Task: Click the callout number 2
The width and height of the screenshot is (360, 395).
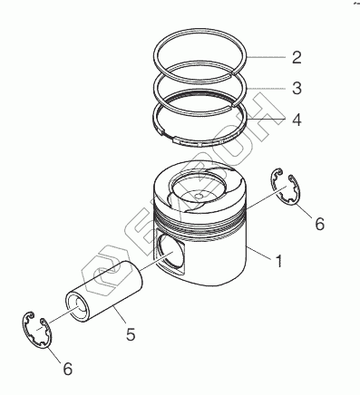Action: click(x=297, y=57)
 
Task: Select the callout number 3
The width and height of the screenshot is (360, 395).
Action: click(x=297, y=88)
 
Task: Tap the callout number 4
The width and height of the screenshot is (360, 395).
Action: click(x=297, y=120)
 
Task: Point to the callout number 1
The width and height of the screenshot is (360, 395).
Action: click(x=278, y=261)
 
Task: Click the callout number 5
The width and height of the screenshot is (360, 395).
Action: click(x=131, y=334)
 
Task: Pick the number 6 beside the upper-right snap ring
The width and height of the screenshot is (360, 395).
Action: click(x=320, y=224)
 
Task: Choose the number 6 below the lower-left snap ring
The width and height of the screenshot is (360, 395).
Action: click(x=68, y=369)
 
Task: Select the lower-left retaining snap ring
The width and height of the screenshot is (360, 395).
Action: click(x=37, y=330)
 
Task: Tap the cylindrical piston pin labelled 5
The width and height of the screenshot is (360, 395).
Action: click(x=103, y=291)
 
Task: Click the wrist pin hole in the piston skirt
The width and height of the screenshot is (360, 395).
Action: click(x=171, y=253)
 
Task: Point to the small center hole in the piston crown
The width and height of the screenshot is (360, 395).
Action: click(x=199, y=196)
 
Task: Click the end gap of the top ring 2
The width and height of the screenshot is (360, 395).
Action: click(x=233, y=72)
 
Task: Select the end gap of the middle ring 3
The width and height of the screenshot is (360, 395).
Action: click(x=234, y=104)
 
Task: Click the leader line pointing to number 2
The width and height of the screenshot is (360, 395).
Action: click(x=267, y=57)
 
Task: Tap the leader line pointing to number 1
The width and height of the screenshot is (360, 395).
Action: click(x=259, y=253)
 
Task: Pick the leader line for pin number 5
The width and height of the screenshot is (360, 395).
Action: click(x=120, y=314)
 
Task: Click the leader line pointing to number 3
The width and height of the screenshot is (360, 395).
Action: click(x=267, y=89)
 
